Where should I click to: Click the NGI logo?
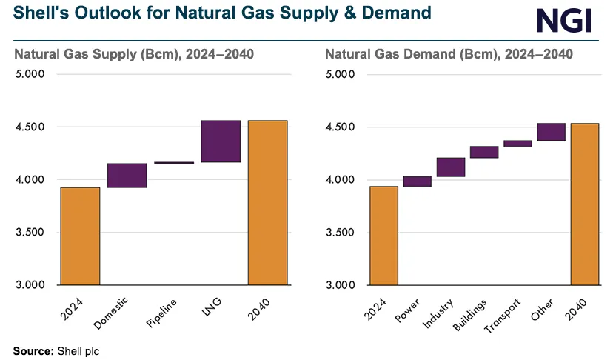click(x=564, y=20)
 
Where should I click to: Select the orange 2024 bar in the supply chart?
click(x=80, y=236)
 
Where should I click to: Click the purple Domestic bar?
click(x=127, y=176)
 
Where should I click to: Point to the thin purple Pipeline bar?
click(x=174, y=162)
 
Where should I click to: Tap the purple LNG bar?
click(x=221, y=141)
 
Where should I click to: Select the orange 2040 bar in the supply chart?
click(x=267, y=202)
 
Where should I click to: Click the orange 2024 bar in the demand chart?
click(x=383, y=235)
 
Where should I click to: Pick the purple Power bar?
click(x=417, y=181)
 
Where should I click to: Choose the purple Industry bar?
click(x=451, y=167)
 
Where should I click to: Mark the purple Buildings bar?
click(x=484, y=152)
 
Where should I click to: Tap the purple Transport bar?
click(x=517, y=144)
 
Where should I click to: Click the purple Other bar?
click(x=552, y=132)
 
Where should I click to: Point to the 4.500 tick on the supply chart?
click(x=30, y=127)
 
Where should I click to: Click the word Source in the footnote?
click(x=33, y=351)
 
